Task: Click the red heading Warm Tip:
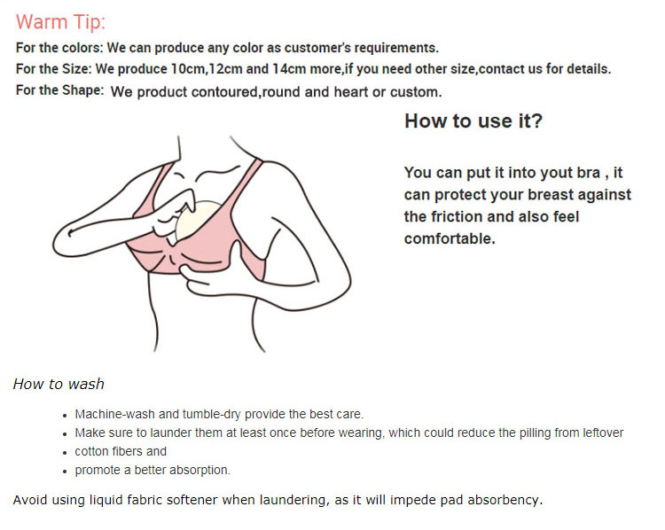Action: coord(60,22)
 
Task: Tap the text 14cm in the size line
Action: coord(289,69)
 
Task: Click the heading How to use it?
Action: coord(473,121)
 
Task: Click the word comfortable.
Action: coord(450,238)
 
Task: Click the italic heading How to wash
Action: coord(59,384)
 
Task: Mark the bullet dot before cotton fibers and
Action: coord(65,453)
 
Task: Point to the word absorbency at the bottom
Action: coord(505,501)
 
